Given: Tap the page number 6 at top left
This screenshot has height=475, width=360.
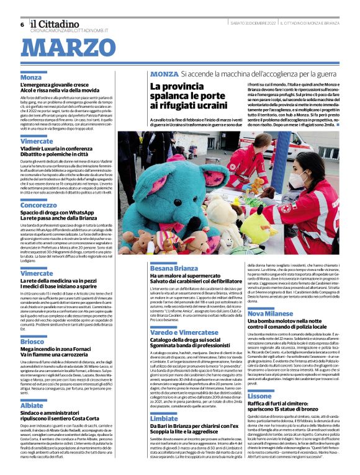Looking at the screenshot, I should (x=22, y=24).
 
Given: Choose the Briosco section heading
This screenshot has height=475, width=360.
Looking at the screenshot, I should (x=32, y=342).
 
